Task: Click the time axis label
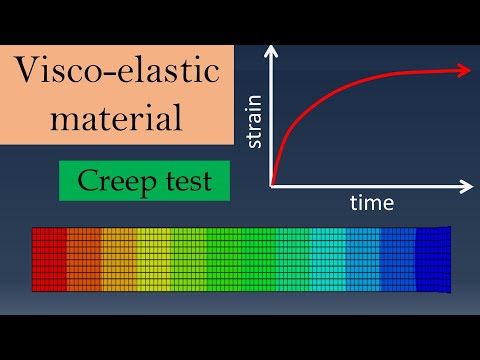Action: (x=371, y=203)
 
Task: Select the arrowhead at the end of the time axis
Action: (x=466, y=186)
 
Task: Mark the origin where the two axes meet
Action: (x=271, y=186)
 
